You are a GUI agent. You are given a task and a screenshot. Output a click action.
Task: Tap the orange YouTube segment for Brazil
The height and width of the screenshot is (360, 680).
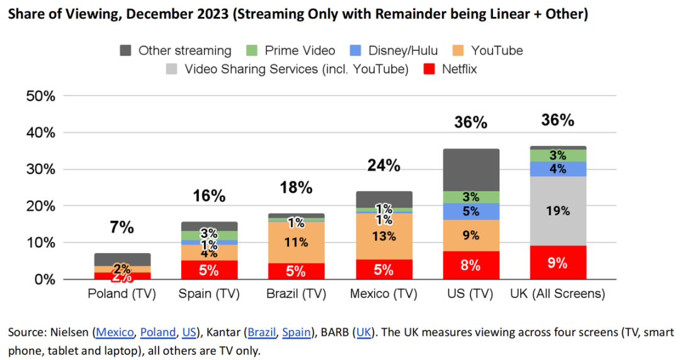(x=297, y=242)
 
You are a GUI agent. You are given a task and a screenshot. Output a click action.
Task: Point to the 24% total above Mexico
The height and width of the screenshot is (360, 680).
(x=383, y=166)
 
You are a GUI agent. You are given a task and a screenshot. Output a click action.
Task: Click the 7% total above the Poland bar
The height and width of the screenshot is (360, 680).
(x=122, y=227)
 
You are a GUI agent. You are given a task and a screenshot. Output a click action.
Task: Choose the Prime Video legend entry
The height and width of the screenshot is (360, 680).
(x=298, y=50)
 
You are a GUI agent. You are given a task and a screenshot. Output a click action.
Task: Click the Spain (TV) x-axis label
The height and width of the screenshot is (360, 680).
(x=209, y=295)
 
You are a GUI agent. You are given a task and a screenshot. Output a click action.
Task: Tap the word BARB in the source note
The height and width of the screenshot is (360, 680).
(x=333, y=332)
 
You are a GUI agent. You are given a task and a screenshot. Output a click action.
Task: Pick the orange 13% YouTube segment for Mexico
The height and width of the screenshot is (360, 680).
(x=383, y=237)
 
